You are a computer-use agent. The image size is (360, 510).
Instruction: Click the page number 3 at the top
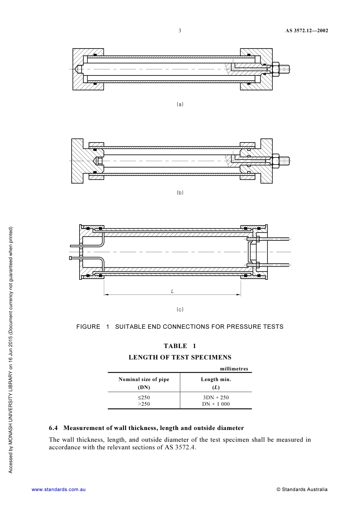180,31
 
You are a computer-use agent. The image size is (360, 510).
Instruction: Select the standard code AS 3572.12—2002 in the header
307,31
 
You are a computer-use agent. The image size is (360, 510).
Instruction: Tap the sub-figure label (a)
180,104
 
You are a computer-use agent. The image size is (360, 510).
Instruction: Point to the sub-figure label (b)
180,193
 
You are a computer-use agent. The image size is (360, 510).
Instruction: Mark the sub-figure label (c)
180,309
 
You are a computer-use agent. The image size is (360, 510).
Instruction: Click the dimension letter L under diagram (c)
172,291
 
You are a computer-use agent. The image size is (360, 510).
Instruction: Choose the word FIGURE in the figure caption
88,327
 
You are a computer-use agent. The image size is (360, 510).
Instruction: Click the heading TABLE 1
180,346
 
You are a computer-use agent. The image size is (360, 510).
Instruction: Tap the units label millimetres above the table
234,369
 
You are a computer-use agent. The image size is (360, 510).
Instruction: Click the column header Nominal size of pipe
144,379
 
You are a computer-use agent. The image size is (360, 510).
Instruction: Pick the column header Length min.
216,379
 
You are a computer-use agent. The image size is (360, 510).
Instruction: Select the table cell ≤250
144,397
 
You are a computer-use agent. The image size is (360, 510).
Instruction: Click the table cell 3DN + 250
216,397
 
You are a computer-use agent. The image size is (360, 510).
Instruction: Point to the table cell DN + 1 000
216,404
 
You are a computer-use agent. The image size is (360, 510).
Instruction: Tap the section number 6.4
53,428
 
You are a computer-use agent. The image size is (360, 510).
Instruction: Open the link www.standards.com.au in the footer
59,490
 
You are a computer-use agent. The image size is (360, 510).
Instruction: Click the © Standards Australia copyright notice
302,490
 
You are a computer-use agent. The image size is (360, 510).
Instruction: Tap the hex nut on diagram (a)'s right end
276,69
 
